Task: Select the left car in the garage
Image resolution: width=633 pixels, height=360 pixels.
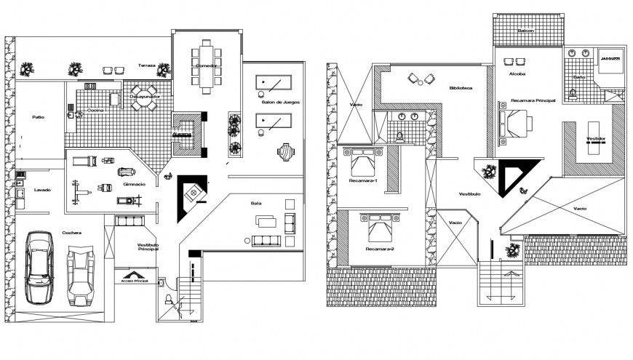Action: coord(39,267)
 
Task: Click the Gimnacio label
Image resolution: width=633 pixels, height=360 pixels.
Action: coord(135,184)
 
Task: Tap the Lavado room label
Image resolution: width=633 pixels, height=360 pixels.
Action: coord(42,190)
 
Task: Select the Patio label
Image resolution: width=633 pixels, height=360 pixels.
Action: coord(39,116)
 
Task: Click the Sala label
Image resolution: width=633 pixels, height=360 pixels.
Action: coord(255,203)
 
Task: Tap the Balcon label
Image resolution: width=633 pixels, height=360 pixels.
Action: coord(526,31)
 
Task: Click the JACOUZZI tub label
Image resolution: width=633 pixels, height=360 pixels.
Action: coord(610,57)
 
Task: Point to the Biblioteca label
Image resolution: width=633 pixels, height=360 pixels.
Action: coord(461,88)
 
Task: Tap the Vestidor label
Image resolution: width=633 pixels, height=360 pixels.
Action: coord(595,138)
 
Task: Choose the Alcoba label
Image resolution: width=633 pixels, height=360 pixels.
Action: coord(518,73)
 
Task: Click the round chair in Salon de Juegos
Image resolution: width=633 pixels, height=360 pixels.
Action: coord(286,152)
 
